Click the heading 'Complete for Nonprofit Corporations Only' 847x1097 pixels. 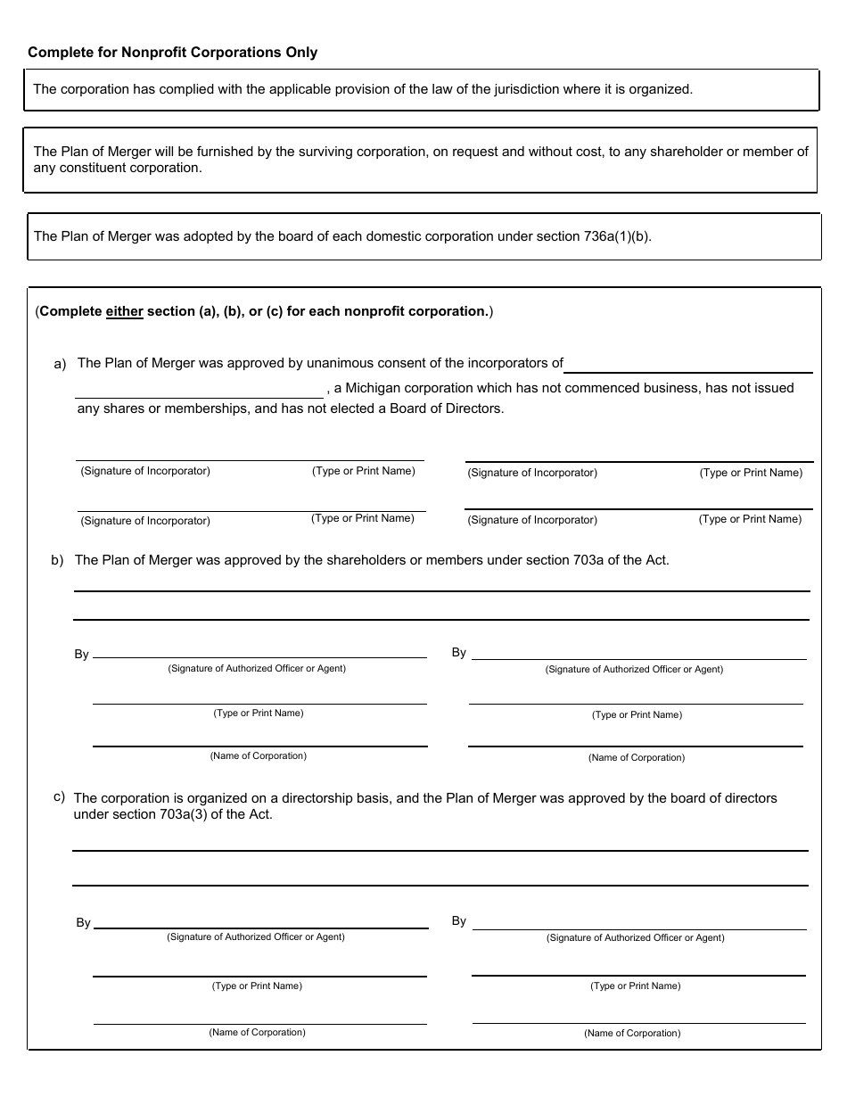coord(172,53)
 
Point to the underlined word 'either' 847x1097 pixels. coord(124,312)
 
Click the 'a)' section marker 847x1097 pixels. coord(60,364)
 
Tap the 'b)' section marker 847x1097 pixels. coord(57,561)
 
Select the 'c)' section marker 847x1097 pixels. coord(59,796)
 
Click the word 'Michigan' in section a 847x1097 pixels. coord(372,388)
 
